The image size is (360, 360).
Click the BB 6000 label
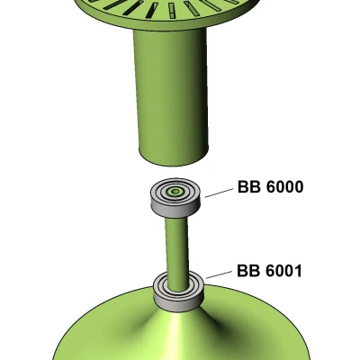270,187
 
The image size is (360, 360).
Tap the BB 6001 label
269,271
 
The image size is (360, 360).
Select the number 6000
284,187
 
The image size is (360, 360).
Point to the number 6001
283,271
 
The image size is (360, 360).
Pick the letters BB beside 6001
248,271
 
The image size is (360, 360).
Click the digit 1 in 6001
298,271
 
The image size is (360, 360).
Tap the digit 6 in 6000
270,187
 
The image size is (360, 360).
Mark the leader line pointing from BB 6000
219,193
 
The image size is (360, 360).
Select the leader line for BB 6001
219,274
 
